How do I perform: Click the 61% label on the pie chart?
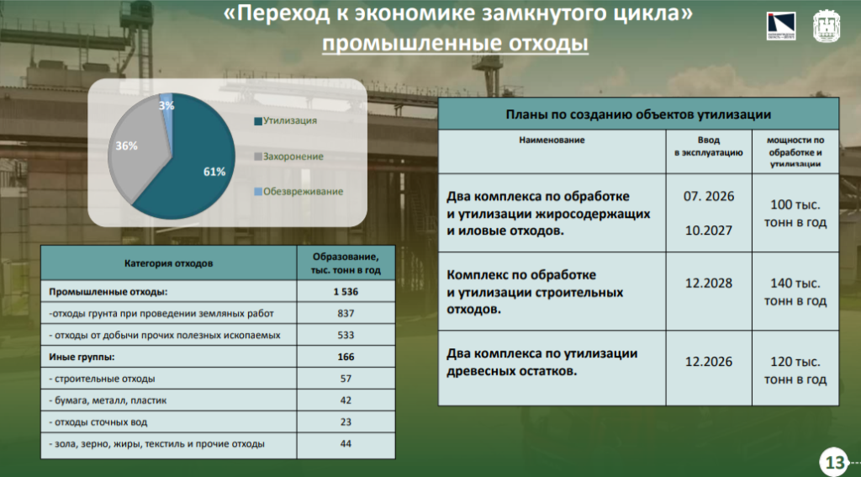point(214,172)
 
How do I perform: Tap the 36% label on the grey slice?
point(126,146)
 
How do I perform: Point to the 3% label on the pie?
point(166,105)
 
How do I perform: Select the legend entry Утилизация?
point(286,121)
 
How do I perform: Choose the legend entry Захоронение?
point(289,156)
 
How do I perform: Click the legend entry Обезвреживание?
point(298,192)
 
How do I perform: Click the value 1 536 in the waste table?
point(346,292)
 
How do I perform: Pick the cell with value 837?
point(346,313)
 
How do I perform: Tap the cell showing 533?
point(346,335)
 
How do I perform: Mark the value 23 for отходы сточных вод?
point(346,422)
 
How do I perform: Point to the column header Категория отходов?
point(168,263)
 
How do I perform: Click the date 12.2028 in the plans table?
point(708,283)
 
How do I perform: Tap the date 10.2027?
point(708,231)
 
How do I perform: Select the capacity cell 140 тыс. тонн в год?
point(795,293)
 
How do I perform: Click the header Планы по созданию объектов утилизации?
point(638,114)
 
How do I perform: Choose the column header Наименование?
point(552,140)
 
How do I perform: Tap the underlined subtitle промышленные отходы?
point(455,44)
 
